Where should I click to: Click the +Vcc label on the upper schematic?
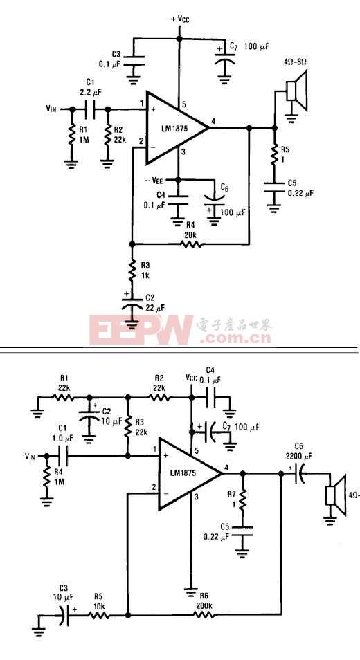[x=179, y=19]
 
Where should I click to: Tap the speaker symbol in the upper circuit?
[x=296, y=91]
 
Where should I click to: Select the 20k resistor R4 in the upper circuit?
[x=191, y=244]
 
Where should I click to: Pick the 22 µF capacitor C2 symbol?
[x=132, y=304]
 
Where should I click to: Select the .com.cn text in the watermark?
[x=236, y=338]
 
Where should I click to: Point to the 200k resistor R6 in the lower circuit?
[x=204, y=615]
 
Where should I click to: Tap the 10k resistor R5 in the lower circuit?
[x=99, y=615]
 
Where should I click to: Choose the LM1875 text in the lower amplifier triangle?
[x=183, y=473]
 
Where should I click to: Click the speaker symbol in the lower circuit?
[x=335, y=496]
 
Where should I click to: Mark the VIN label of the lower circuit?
[x=30, y=456]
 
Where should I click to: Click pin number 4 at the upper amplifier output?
[x=213, y=121]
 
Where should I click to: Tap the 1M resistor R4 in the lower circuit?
[x=46, y=477]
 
